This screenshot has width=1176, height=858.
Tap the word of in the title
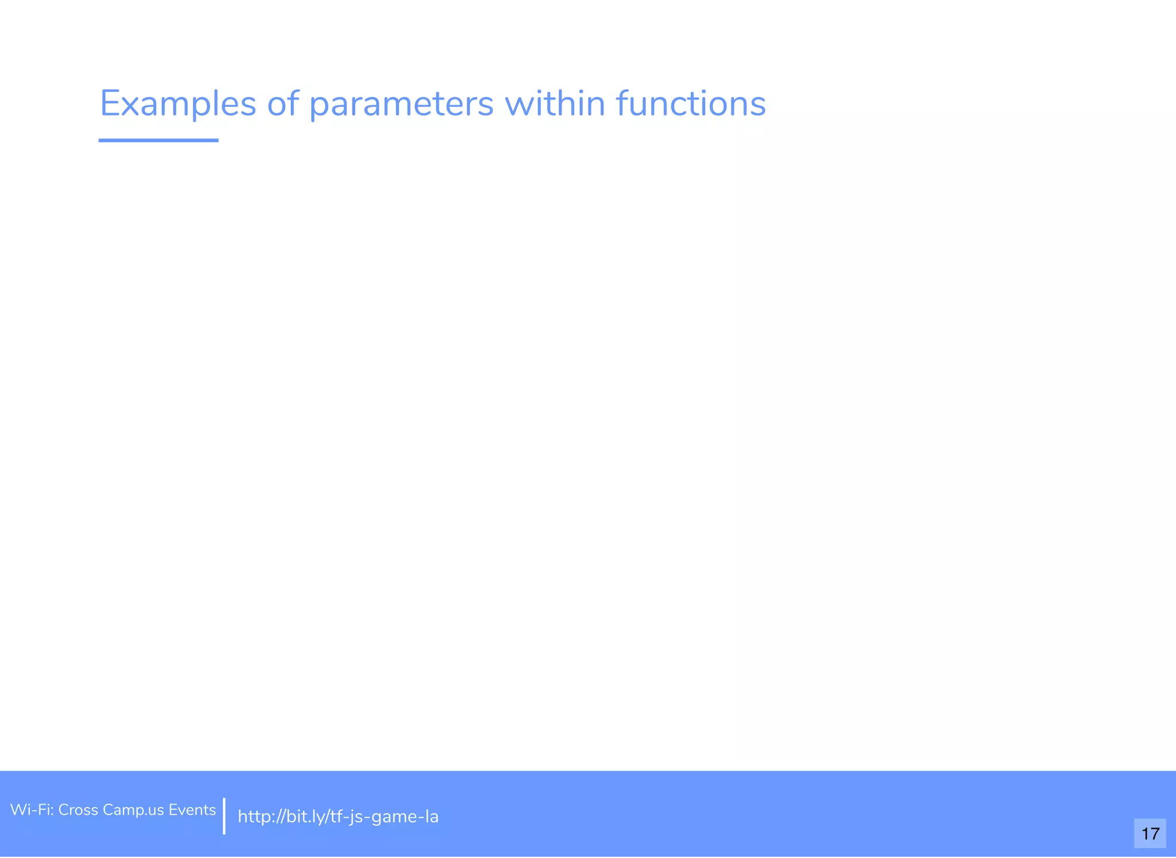point(283,104)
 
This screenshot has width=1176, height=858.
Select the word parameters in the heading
point(401,105)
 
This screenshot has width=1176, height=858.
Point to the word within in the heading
point(554,104)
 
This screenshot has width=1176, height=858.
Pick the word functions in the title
point(690,104)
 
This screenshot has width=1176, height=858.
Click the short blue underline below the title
point(158,140)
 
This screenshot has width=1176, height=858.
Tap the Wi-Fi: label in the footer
point(32,810)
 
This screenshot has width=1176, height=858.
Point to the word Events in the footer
point(192,810)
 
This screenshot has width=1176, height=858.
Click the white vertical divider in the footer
point(224,816)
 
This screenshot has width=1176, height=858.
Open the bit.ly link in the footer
point(338,817)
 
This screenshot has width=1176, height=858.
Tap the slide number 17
point(1150,833)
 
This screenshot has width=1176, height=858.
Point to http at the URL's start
point(254,817)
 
